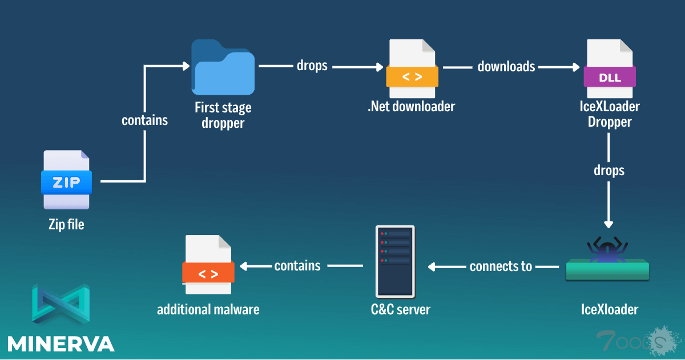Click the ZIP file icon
(x=66, y=180)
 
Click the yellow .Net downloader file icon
(x=412, y=68)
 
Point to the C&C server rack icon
(x=395, y=261)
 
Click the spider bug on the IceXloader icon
(x=607, y=249)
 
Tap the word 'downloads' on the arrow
(x=506, y=67)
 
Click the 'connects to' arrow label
(x=501, y=266)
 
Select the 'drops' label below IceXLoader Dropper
(x=609, y=171)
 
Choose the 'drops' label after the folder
(x=312, y=66)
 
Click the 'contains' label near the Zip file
(x=145, y=120)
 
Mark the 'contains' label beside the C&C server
(x=297, y=266)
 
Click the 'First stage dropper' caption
(x=223, y=115)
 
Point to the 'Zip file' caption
(x=66, y=225)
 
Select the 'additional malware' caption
(x=208, y=310)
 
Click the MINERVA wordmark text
(x=61, y=343)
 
